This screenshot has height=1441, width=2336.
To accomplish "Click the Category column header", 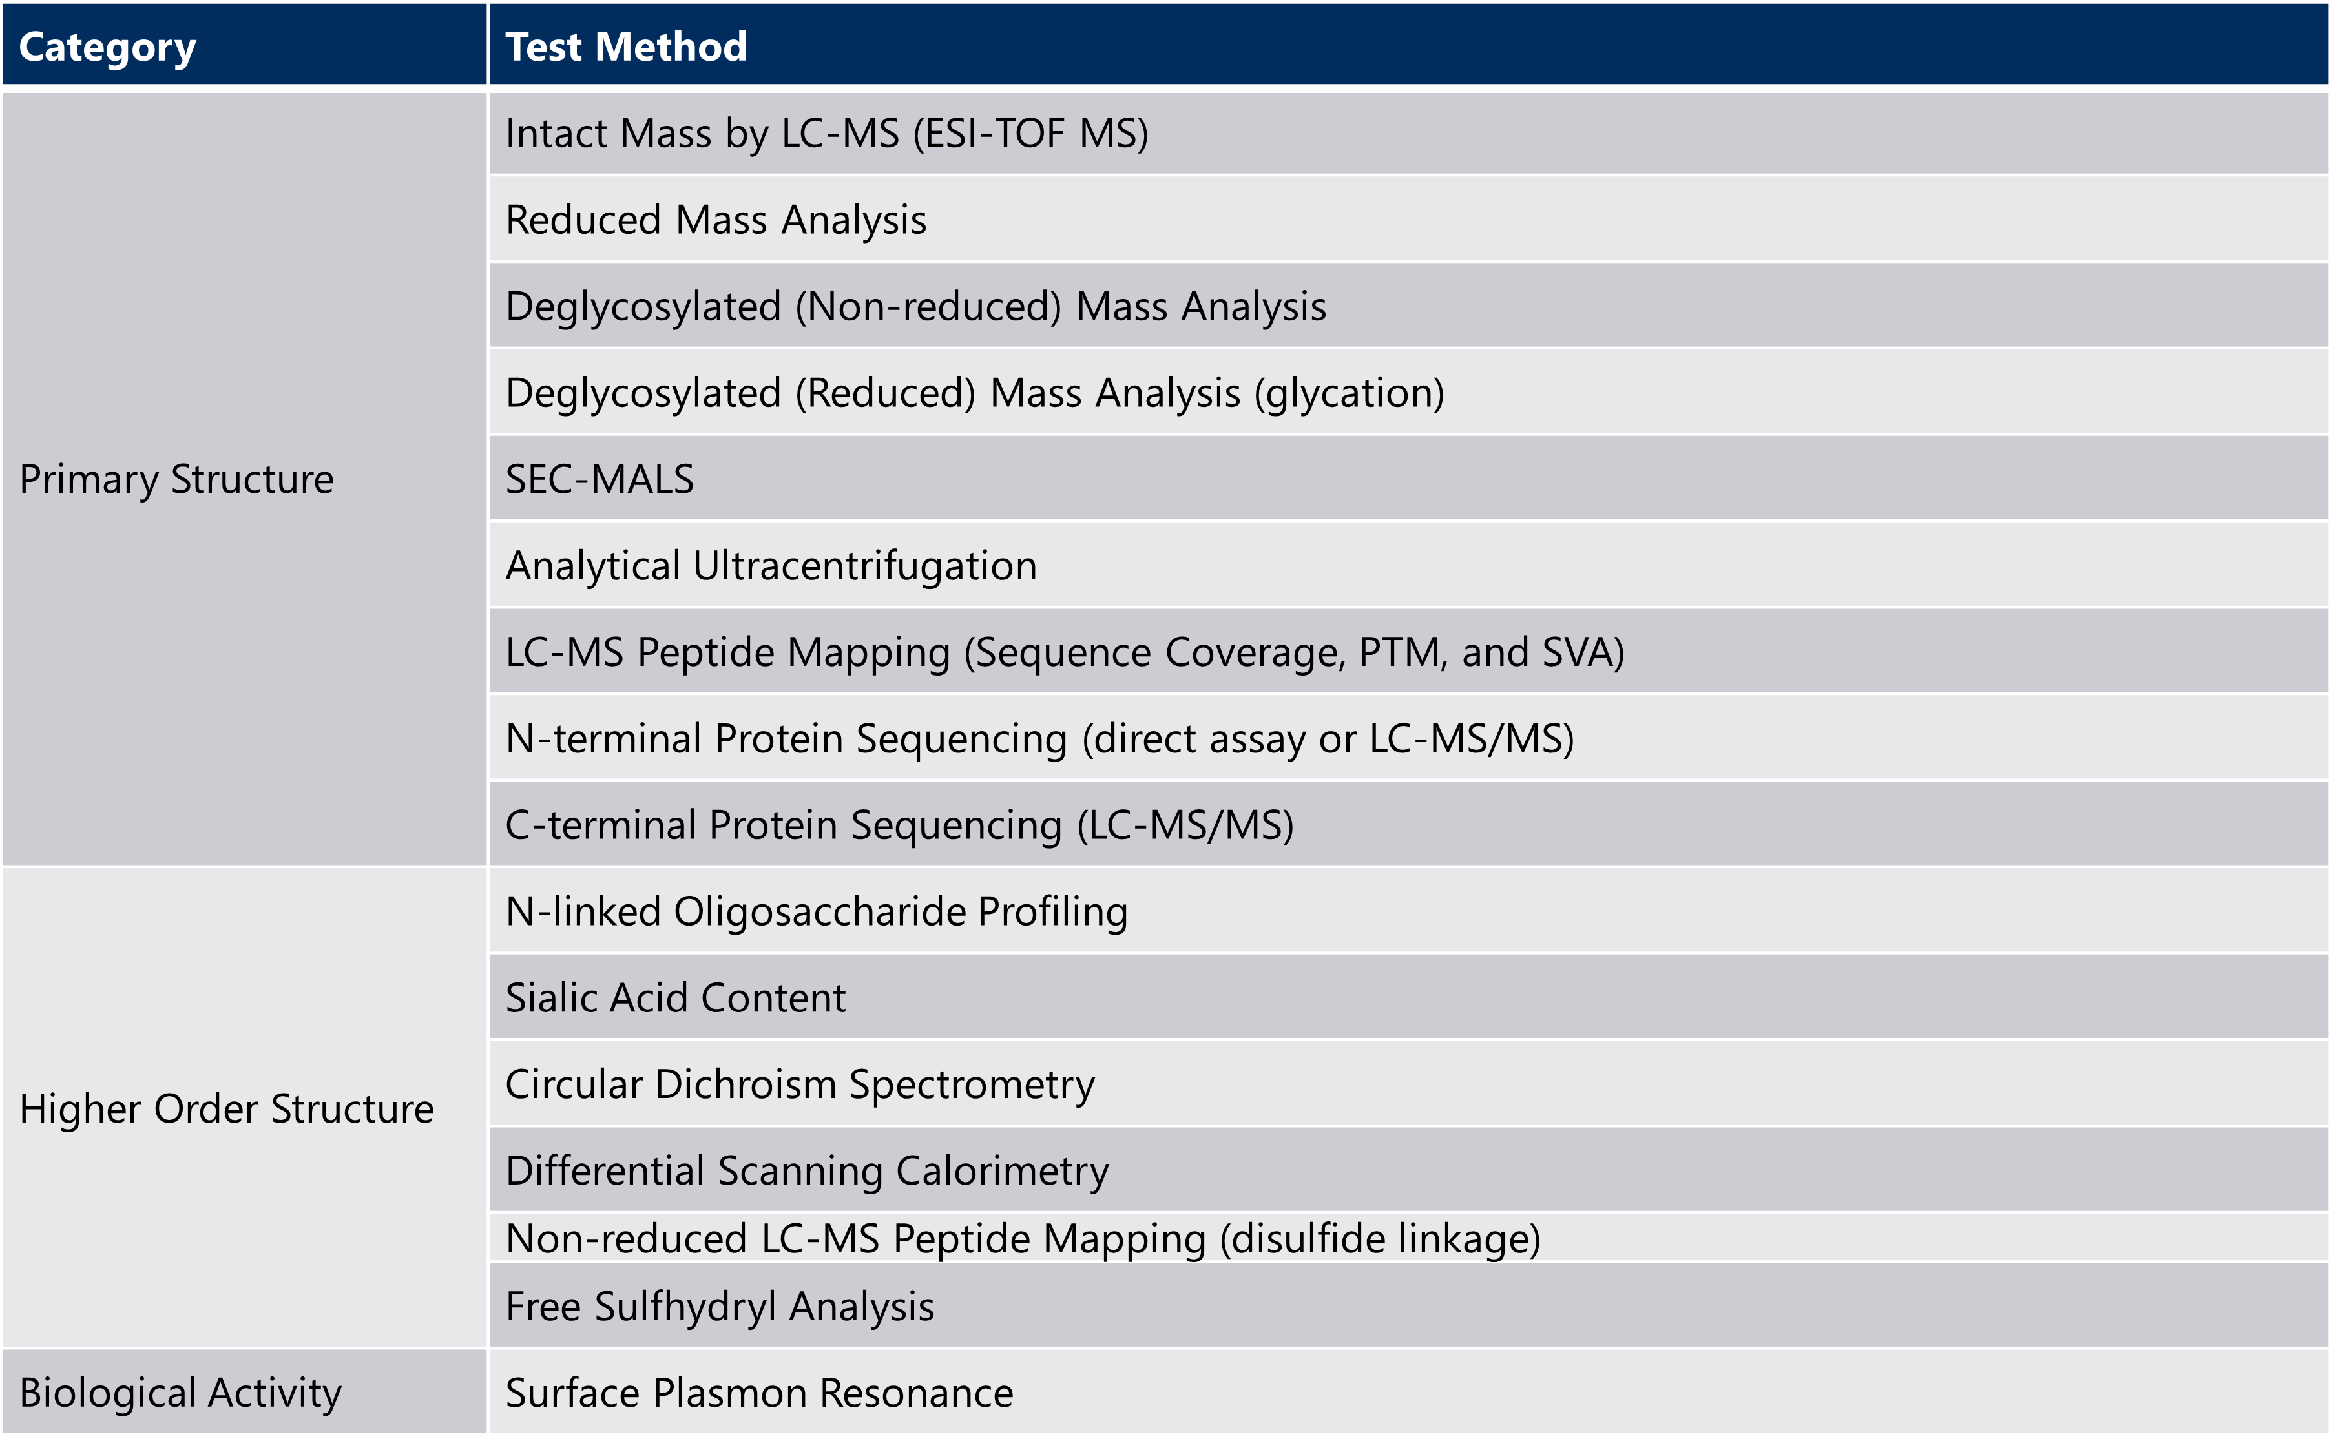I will point(108,47).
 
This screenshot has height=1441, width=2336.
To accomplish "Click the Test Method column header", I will point(626,47).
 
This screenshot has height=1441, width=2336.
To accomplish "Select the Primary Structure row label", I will point(176,479).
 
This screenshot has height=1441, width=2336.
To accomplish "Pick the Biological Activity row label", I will point(180,1393).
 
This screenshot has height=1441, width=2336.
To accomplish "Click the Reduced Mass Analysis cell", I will point(716,220).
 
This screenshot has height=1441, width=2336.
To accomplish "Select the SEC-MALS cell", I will point(600,479).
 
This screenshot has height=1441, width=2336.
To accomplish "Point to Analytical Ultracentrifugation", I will point(771,566).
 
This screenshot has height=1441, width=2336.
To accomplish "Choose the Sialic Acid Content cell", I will point(676,998).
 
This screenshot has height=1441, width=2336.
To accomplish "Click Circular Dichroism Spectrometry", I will point(800,1084).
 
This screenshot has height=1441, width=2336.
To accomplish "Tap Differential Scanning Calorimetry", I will point(808,1171).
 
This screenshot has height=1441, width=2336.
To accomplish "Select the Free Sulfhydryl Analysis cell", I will point(720,1307).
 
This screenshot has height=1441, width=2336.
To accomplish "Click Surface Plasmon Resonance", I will point(760,1393).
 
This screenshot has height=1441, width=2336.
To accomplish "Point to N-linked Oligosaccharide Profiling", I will point(817,912).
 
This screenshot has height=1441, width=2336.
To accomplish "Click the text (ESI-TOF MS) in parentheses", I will point(1030,134).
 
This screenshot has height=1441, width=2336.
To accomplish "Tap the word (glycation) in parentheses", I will point(1349,393).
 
